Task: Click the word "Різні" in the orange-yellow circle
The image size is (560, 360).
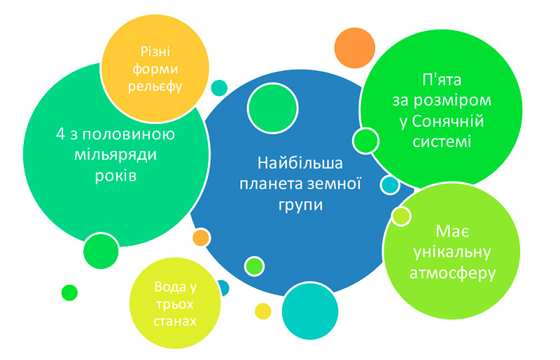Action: pyautogui.click(x=155, y=52)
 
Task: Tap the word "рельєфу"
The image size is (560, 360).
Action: pyautogui.click(x=155, y=86)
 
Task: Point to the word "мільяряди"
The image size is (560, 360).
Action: pyautogui.click(x=115, y=155)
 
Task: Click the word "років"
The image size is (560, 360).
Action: pyautogui.click(x=115, y=176)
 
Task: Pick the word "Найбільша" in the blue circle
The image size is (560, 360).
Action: pyautogui.click(x=300, y=163)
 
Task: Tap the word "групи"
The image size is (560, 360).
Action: pyautogui.click(x=300, y=205)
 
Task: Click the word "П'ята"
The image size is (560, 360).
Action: pyautogui.click(x=442, y=80)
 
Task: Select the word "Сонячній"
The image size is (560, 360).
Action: pyautogui.click(x=448, y=121)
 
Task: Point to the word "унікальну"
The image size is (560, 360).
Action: pyautogui.click(x=452, y=252)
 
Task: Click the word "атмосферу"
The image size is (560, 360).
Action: pyautogui.click(x=452, y=273)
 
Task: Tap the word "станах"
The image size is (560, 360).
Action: pyautogui.click(x=175, y=321)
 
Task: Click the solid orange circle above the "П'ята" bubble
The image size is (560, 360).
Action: pyautogui.click(x=355, y=48)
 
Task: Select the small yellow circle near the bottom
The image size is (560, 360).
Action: pyautogui.click(x=263, y=312)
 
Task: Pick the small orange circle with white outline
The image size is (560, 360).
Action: pyautogui.click(x=201, y=237)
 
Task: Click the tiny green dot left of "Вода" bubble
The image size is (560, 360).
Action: pyautogui.click(x=69, y=293)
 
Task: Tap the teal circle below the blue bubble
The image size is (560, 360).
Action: pyautogui.click(x=310, y=311)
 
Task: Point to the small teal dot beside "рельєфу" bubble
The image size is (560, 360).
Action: pyautogui.click(x=219, y=88)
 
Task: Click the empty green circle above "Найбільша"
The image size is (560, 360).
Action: pyautogui.click(x=273, y=108)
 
